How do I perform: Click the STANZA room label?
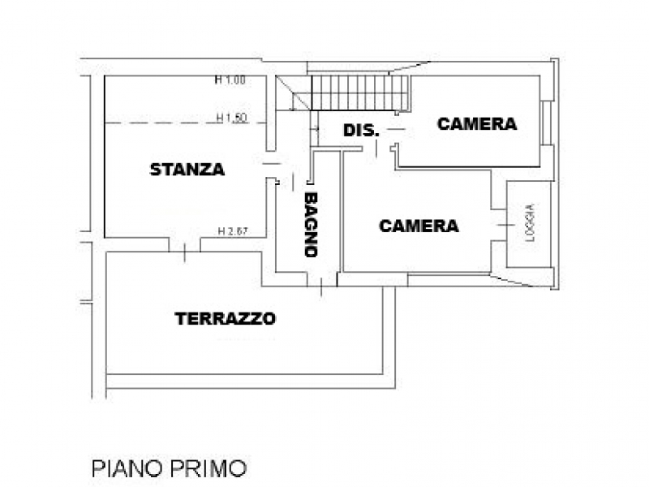coord(187,170)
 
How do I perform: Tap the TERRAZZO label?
coord(226,319)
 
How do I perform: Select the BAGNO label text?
coord(310,224)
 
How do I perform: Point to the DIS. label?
coord(360,131)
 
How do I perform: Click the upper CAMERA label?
coord(476,124)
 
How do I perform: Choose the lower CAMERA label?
coord(419,226)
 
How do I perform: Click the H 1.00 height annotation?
coord(230,80)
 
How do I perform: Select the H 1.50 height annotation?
coord(232,118)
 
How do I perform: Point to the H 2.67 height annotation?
coord(232,231)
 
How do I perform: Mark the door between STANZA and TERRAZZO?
coord(185,246)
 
